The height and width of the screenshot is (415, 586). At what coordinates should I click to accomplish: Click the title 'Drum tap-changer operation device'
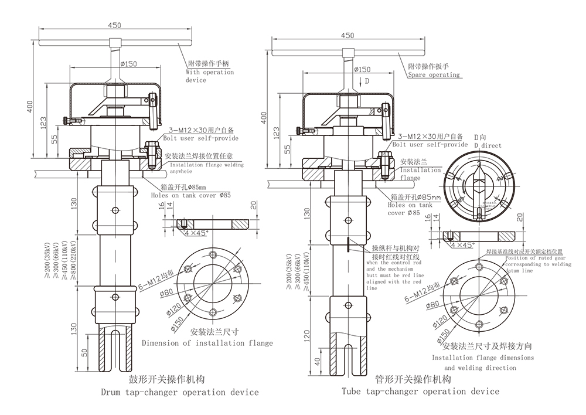click(x=180, y=392)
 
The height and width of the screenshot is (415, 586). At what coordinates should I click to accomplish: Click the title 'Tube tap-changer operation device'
click(x=421, y=391)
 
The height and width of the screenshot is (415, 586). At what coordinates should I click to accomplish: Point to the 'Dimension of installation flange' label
click(x=207, y=343)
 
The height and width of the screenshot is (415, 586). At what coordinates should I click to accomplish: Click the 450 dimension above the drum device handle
click(x=115, y=25)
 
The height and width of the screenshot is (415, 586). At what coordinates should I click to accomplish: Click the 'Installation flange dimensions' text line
click(x=483, y=358)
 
